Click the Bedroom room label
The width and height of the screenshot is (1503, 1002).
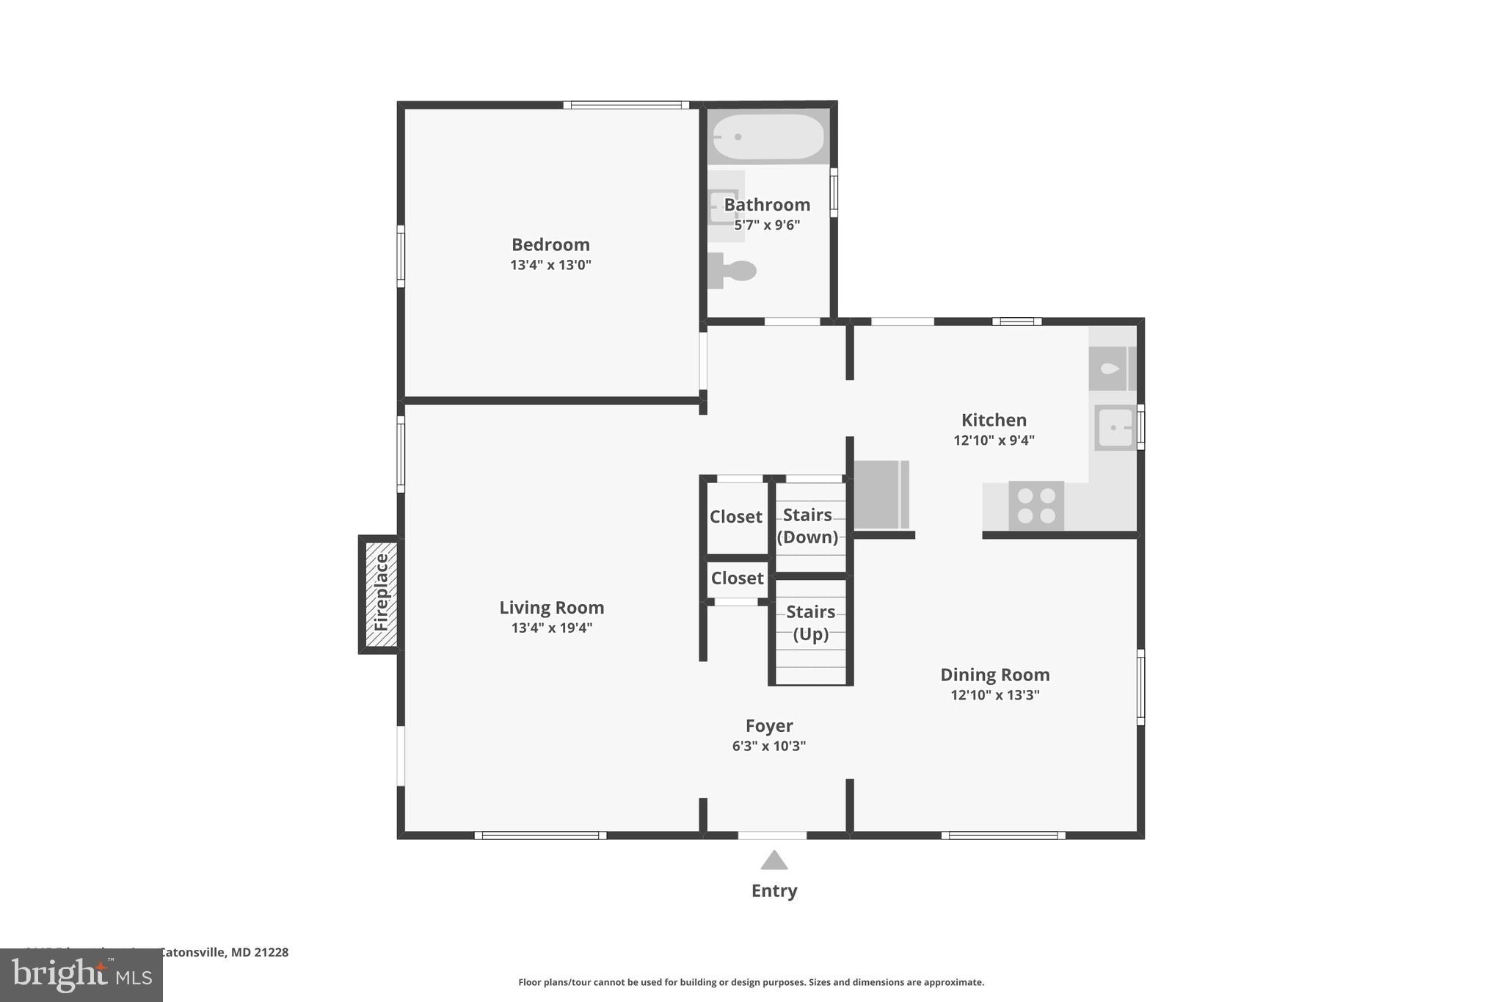[550, 244]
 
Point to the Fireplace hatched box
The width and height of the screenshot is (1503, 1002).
[381, 594]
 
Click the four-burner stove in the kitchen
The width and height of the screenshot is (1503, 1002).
[1036, 506]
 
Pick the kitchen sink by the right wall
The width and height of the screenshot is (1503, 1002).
[1115, 427]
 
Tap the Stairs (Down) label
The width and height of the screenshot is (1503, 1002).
[807, 526]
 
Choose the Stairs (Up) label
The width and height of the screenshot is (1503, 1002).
[810, 622]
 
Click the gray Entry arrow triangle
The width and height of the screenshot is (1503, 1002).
[774, 860]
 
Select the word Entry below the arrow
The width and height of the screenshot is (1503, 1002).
[774, 890]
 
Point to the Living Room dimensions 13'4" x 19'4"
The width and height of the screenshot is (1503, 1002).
[552, 628]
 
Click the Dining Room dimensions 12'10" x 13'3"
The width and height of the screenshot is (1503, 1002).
[994, 694]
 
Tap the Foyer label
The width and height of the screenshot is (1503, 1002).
[768, 725]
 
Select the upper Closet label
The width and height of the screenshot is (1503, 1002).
[735, 517]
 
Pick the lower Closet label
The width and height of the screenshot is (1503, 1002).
[737, 578]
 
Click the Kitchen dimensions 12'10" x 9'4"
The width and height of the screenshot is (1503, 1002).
[994, 440]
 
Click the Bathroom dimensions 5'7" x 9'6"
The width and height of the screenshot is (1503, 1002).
[767, 225]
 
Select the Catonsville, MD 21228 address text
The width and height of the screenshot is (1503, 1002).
[224, 952]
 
